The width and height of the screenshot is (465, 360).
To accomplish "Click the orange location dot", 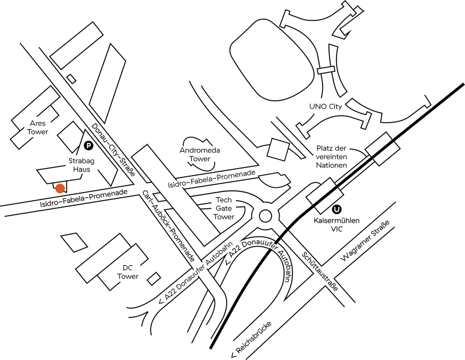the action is pyautogui.click(x=60, y=188).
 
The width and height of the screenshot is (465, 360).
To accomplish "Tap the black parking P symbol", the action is pyautogui.click(x=88, y=145).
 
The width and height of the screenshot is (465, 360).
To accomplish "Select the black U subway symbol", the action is pyautogui.click(x=337, y=209).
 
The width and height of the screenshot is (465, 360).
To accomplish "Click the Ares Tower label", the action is pyautogui.click(x=38, y=127).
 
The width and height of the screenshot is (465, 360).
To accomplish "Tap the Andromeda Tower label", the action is pyautogui.click(x=200, y=154).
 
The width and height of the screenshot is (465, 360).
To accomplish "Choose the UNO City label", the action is pyautogui.click(x=325, y=106).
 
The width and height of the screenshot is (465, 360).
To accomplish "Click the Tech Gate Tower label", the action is pyautogui.click(x=224, y=208).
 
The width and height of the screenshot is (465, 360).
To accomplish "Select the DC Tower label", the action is pyautogui.click(x=128, y=272).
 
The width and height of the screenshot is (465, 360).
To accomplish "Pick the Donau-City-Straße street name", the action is pyautogui.click(x=113, y=149).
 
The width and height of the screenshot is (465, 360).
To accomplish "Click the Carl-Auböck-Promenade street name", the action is pyautogui.click(x=168, y=226).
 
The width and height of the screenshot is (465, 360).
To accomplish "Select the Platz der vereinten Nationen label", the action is pyautogui.click(x=331, y=156).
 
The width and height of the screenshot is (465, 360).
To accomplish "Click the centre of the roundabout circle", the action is pyautogui.click(x=265, y=216).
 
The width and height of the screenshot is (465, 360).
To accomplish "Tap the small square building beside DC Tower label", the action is pyautogui.click(x=154, y=279).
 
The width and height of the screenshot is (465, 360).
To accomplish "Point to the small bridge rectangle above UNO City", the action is pyautogui.click(x=326, y=70).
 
